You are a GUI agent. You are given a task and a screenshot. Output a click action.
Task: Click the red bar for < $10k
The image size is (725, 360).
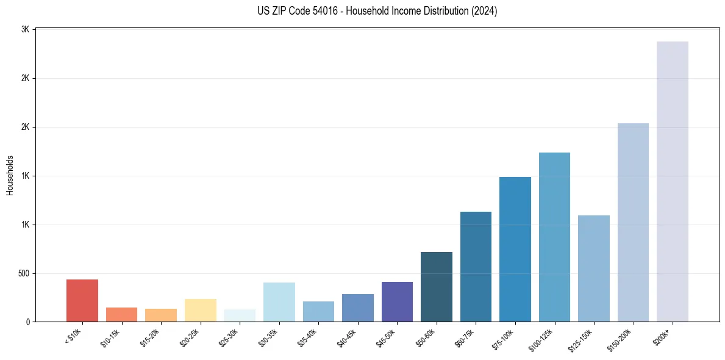(x=82, y=300)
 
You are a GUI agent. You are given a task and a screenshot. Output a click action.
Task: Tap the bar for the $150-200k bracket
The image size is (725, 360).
(x=633, y=222)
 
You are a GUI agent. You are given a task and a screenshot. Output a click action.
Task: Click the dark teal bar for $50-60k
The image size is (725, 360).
(x=437, y=287)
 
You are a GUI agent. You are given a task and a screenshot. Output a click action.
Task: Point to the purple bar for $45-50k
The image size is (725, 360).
(x=397, y=301)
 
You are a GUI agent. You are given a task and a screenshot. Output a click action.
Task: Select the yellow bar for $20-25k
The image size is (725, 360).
(x=201, y=310)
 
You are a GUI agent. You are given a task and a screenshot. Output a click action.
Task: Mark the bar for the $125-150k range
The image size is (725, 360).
(x=594, y=268)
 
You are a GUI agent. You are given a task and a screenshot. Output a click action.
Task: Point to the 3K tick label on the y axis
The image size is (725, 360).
(x=26, y=29)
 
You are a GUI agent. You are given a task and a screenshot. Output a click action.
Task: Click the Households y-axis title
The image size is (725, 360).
(x=10, y=175)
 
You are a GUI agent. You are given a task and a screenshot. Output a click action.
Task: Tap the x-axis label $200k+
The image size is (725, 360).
(x=662, y=336)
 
